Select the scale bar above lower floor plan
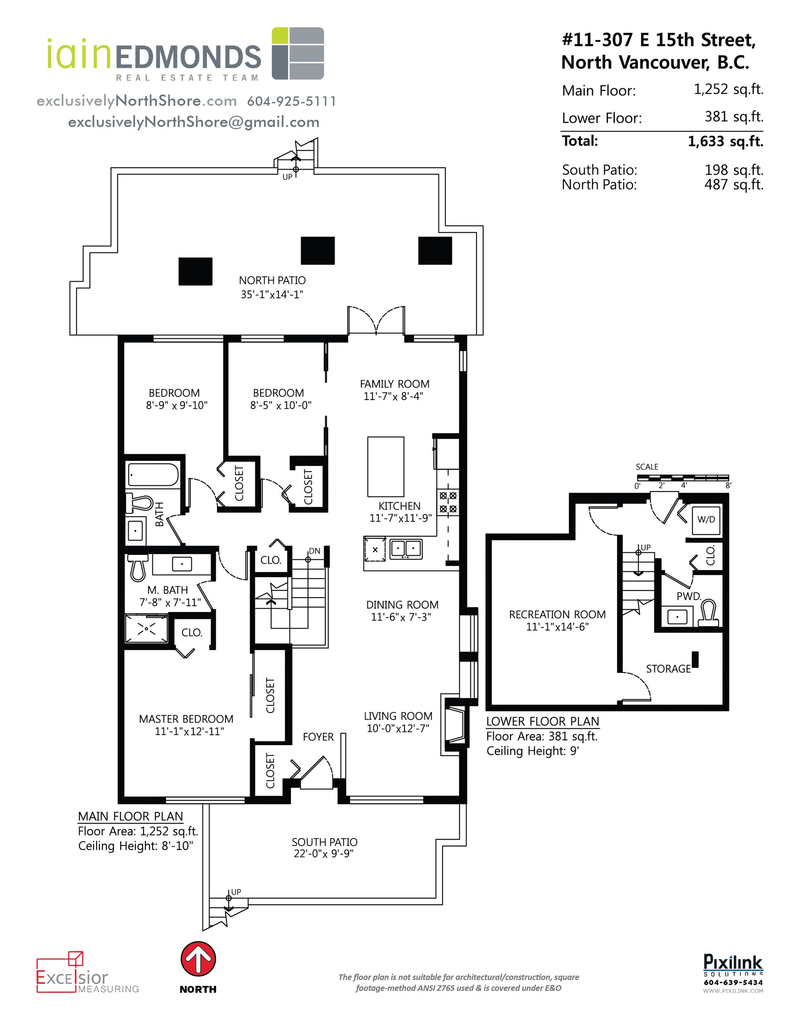click(x=682, y=477)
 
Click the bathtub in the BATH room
click(x=153, y=475)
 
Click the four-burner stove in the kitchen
click(x=448, y=502)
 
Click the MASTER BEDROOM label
click(x=186, y=719)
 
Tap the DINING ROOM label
click(x=402, y=605)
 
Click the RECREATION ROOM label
click(x=557, y=615)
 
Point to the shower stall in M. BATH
click(x=146, y=628)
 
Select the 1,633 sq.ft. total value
click(x=725, y=141)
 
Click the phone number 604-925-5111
click(x=291, y=101)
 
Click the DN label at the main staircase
click(x=314, y=551)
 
